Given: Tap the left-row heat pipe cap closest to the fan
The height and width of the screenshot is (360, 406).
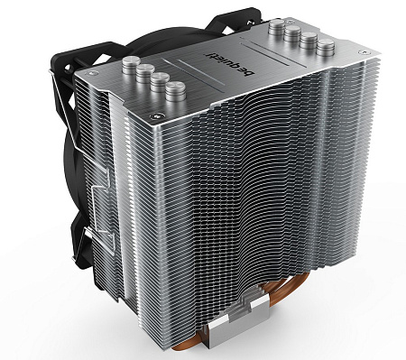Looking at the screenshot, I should pyautogui.click(x=129, y=65).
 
